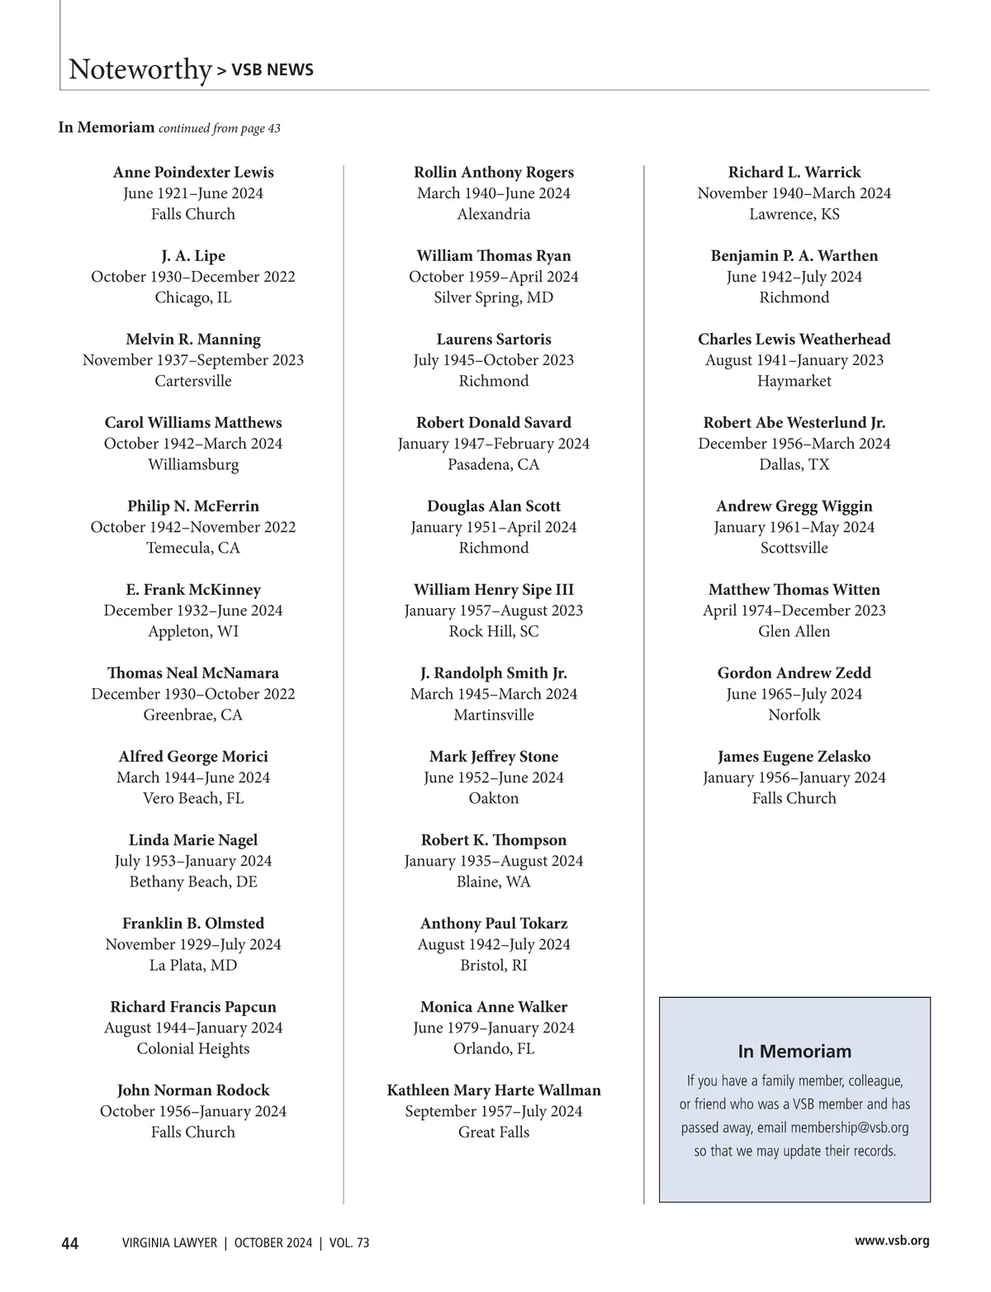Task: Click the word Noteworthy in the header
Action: pos(140,69)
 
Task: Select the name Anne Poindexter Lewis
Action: pos(193,173)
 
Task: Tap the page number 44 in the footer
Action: pos(70,1243)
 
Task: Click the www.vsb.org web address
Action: pos(892,1241)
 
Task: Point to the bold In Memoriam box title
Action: pos(794,1052)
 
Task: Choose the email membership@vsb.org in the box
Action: pos(849,1128)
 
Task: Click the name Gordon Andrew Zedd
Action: pos(794,673)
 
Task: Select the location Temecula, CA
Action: pos(193,548)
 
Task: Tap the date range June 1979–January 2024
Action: pos(494,1028)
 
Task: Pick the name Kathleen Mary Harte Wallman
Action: pos(494,1090)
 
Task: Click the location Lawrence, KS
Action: pos(794,214)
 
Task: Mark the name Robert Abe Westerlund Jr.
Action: pos(794,423)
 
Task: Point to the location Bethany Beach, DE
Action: pos(193,881)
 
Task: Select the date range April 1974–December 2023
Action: pos(794,610)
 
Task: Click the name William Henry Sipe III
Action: pos(494,590)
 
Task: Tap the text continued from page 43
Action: pos(220,128)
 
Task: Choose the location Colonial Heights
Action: pos(193,1048)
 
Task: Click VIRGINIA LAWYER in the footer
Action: pos(169,1243)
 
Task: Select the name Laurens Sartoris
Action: pos(494,340)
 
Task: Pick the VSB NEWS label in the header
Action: pos(273,70)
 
